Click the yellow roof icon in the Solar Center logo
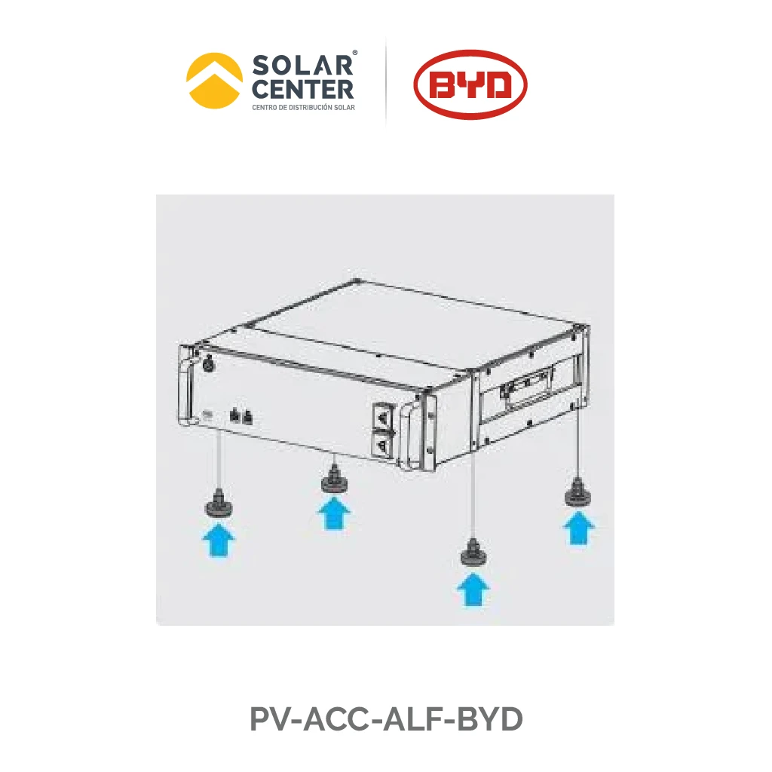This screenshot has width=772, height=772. click(215, 80)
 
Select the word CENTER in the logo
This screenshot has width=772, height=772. click(302, 89)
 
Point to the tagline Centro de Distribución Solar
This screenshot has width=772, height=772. click(303, 107)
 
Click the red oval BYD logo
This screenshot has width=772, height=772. click(470, 83)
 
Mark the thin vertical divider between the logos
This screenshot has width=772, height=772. click(386, 81)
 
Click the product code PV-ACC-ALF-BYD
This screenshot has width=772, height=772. click(386, 720)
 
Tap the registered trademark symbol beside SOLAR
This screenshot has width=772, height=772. click(355, 53)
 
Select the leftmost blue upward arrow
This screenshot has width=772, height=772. click(219, 541)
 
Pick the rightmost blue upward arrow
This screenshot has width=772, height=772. click(579, 527)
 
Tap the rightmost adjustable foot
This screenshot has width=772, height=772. click(578, 493)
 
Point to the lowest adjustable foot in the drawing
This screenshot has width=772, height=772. click(473, 555)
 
